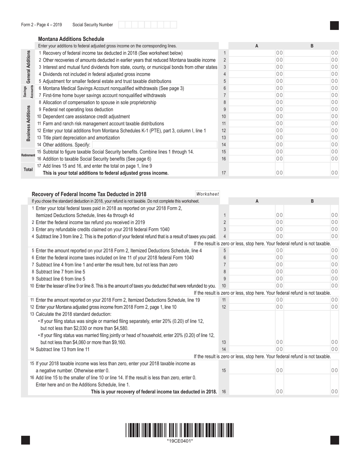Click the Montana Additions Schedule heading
(71, 39)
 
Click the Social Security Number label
(92, 25)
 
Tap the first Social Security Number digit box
(121, 25)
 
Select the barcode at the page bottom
(180, 430)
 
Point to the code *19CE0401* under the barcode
(180, 441)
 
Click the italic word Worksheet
(208, 194)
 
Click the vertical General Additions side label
(28, 67)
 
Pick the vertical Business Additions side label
(28, 123)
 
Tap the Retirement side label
(28, 155)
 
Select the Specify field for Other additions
(155, 145)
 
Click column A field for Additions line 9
(256, 109)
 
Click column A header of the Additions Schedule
(257, 46)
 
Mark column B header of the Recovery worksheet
(312, 201)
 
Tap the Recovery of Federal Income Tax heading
(89, 194)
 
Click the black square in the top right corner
(334, 25)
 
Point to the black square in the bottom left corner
(25, 440)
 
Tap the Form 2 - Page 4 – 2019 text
(42, 25)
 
